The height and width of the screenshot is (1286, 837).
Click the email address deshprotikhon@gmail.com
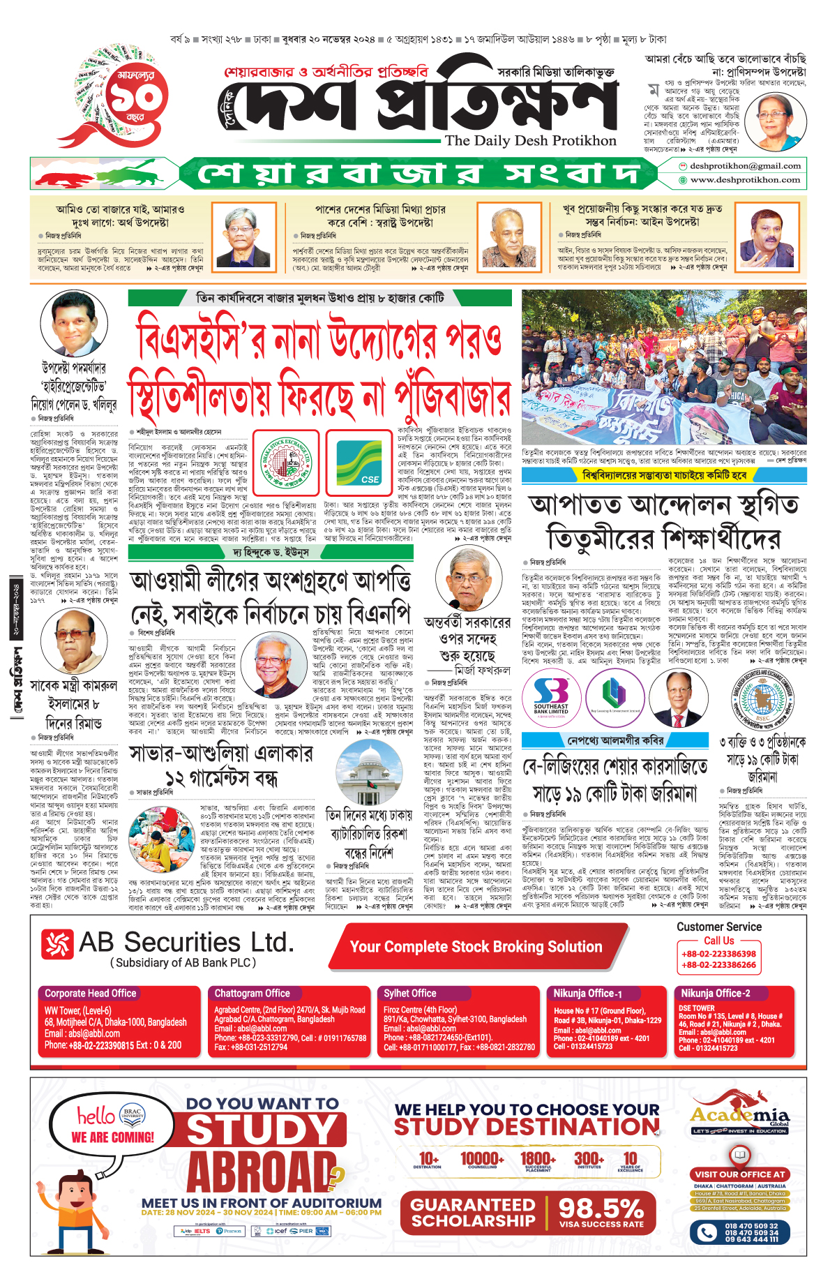point(745,166)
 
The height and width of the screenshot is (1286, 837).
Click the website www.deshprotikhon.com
point(745,180)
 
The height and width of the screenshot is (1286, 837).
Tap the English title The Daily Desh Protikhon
point(531,141)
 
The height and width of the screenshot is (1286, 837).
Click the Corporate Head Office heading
point(91,993)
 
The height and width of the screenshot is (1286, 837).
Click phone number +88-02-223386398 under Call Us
point(718,954)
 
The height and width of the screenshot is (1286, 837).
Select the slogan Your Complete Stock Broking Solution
point(476,947)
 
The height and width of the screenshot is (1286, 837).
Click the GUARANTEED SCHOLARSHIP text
point(474,1213)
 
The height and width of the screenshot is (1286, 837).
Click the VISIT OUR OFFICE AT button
point(740,1174)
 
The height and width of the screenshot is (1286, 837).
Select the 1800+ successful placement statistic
point(538,1160)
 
